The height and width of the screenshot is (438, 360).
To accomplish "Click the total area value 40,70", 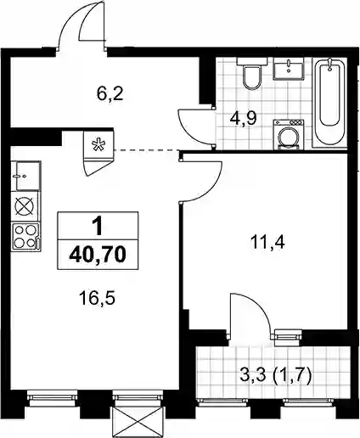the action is pos(98,255).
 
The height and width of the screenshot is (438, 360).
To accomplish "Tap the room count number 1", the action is pos(98,227).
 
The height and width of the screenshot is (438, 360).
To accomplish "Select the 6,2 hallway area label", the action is pos(110,94).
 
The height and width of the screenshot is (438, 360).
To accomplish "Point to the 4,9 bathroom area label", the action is pos(244,119).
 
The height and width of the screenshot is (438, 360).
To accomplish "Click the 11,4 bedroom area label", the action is pos(267,243).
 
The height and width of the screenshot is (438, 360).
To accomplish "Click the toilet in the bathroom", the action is pos(252,74).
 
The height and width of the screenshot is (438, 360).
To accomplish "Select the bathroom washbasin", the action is pos(289,68).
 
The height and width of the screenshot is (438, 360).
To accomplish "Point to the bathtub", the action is pos(330,102).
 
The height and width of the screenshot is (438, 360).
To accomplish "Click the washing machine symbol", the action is pos(289,135).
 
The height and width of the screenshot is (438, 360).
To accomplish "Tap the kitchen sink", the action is pos(27,176).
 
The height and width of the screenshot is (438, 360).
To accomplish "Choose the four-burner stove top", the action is pos(25,236).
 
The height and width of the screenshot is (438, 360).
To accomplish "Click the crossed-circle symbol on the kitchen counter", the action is pos(24,206).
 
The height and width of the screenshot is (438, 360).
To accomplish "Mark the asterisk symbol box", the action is pos(98,144).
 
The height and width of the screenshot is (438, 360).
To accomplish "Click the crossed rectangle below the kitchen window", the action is pos(138,422).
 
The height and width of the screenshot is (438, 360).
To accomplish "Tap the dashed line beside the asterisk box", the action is pos(147,150).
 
